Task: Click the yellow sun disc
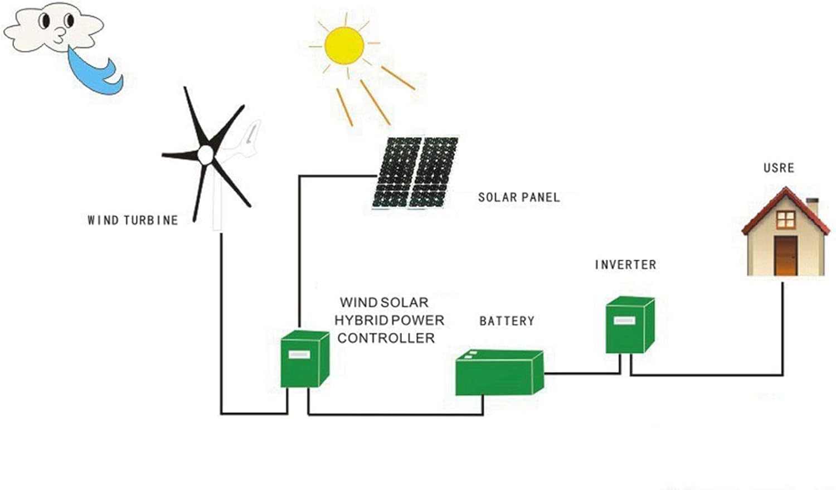344,45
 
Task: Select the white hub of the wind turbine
206,154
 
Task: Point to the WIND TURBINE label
133,220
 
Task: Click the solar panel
415,172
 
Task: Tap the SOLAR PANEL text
518,197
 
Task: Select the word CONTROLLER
386,338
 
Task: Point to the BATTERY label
507,321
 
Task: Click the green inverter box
629,326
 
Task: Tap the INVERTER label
625,265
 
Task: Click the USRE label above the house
779,168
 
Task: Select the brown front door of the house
786,256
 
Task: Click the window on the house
785,220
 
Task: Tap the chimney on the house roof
813,206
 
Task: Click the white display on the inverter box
624,321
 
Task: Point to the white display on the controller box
299,355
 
